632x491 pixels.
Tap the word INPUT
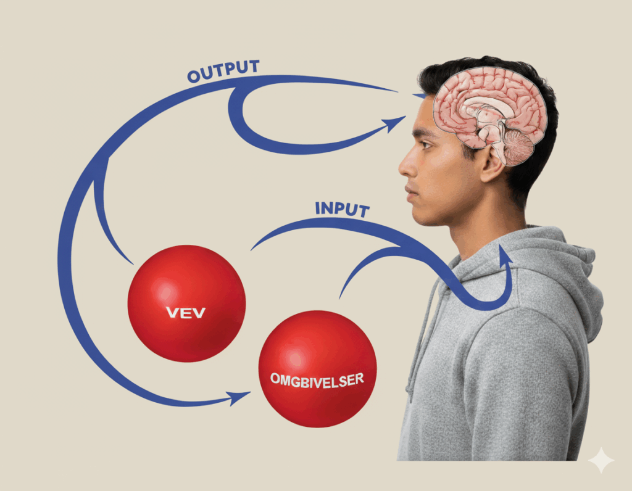tap(342, 208)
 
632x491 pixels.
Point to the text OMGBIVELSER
tap(317, 379)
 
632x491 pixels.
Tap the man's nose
tap(405, 164)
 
